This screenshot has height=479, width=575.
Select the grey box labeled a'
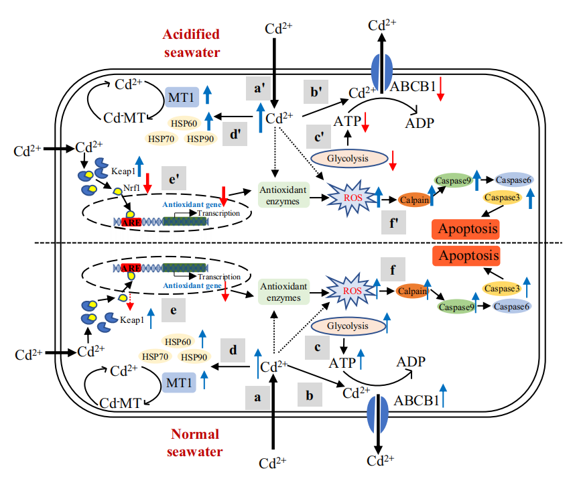257,88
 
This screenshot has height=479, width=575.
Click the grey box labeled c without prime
316,348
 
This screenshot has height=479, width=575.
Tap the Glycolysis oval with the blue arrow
348,326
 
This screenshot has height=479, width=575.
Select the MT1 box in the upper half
181,96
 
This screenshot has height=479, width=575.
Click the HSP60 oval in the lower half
178,340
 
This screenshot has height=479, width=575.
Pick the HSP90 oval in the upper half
200,139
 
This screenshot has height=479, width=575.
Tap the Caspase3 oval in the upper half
503,198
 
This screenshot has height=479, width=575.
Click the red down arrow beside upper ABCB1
440,89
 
